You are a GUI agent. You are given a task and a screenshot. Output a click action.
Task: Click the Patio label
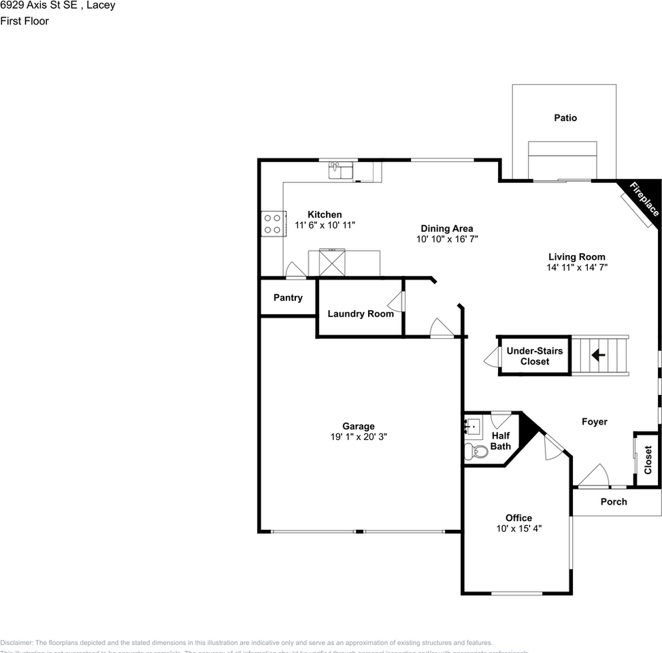click(x=565, y=118)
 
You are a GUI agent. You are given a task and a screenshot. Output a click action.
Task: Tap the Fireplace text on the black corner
click(x=643, y=199)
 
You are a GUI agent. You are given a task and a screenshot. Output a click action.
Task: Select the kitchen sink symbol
click(x=341, y=169)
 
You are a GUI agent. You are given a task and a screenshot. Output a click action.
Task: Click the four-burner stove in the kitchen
click(x=272, y=224)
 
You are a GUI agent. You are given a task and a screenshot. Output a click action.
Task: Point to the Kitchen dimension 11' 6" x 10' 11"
click(x=325, y=224)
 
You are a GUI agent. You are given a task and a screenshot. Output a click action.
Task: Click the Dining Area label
click(x=446, y=229)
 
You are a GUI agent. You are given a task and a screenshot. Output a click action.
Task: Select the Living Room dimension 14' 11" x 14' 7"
click(x=577, y=267)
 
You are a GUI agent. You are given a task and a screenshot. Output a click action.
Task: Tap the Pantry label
click(x=288, y=297)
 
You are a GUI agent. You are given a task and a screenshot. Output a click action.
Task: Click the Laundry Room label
click(x=361, y=314)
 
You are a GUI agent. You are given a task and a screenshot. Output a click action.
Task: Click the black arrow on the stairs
click(x=598, y=354)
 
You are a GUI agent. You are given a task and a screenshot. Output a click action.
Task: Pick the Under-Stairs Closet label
click(x=535, y=356)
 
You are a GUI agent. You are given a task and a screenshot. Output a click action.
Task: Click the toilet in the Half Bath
click(x=478, y=450)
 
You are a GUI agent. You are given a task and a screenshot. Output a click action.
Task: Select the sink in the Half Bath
click(x=472, y=426)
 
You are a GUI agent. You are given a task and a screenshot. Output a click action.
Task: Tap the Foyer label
click(x=594, y=422)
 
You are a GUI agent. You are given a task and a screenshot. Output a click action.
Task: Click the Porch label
click(x=614, y=501)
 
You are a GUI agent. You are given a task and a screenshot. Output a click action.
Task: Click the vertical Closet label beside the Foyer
click(x=648, y=460)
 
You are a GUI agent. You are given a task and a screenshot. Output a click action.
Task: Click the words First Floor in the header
click(x=24, y=20)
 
